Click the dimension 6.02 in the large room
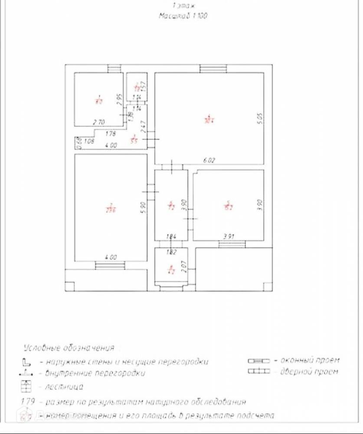click(x=209, y=160)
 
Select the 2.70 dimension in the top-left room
click(x=99, y=122)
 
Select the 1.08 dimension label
click(x=89, y=141)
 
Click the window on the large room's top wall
click(x=213, y=69)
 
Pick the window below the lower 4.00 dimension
click(x=110, y=265)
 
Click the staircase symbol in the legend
click(x=27, y=386)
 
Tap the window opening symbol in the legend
click(x=258, y=361)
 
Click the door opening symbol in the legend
click(x=258, y=372)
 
